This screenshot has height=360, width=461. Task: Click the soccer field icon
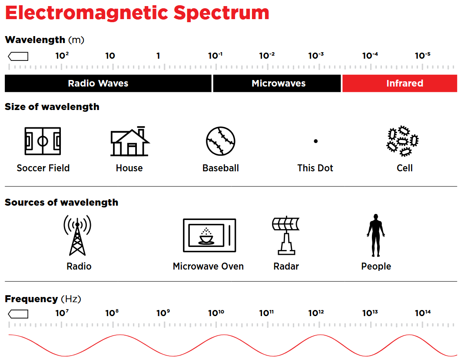point(43,141)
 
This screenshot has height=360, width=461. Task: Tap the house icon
point(130,141)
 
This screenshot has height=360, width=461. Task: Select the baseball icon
point(220,141)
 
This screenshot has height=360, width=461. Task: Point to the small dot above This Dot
point(315,141)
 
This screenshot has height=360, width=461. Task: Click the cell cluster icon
point(402,141)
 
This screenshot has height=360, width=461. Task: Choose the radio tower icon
point(77,236)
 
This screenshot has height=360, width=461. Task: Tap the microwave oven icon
point(209,235)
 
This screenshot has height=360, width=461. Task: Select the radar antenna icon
point(286,235)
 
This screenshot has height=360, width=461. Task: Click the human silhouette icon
point(375,235)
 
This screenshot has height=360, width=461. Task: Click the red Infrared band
point(399,83)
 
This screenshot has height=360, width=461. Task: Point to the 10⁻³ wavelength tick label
point(316,56)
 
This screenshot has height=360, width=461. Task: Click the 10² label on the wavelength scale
point(62,56)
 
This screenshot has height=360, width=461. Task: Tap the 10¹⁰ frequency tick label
point(216,313)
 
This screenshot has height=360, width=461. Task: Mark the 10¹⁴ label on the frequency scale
point(422,313)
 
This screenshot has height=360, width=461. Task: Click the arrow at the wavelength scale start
point(18,56)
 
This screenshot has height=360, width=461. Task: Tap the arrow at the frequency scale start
point(18,313)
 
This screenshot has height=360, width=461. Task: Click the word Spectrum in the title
point(221,13)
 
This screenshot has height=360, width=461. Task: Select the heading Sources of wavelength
point(61,203)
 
